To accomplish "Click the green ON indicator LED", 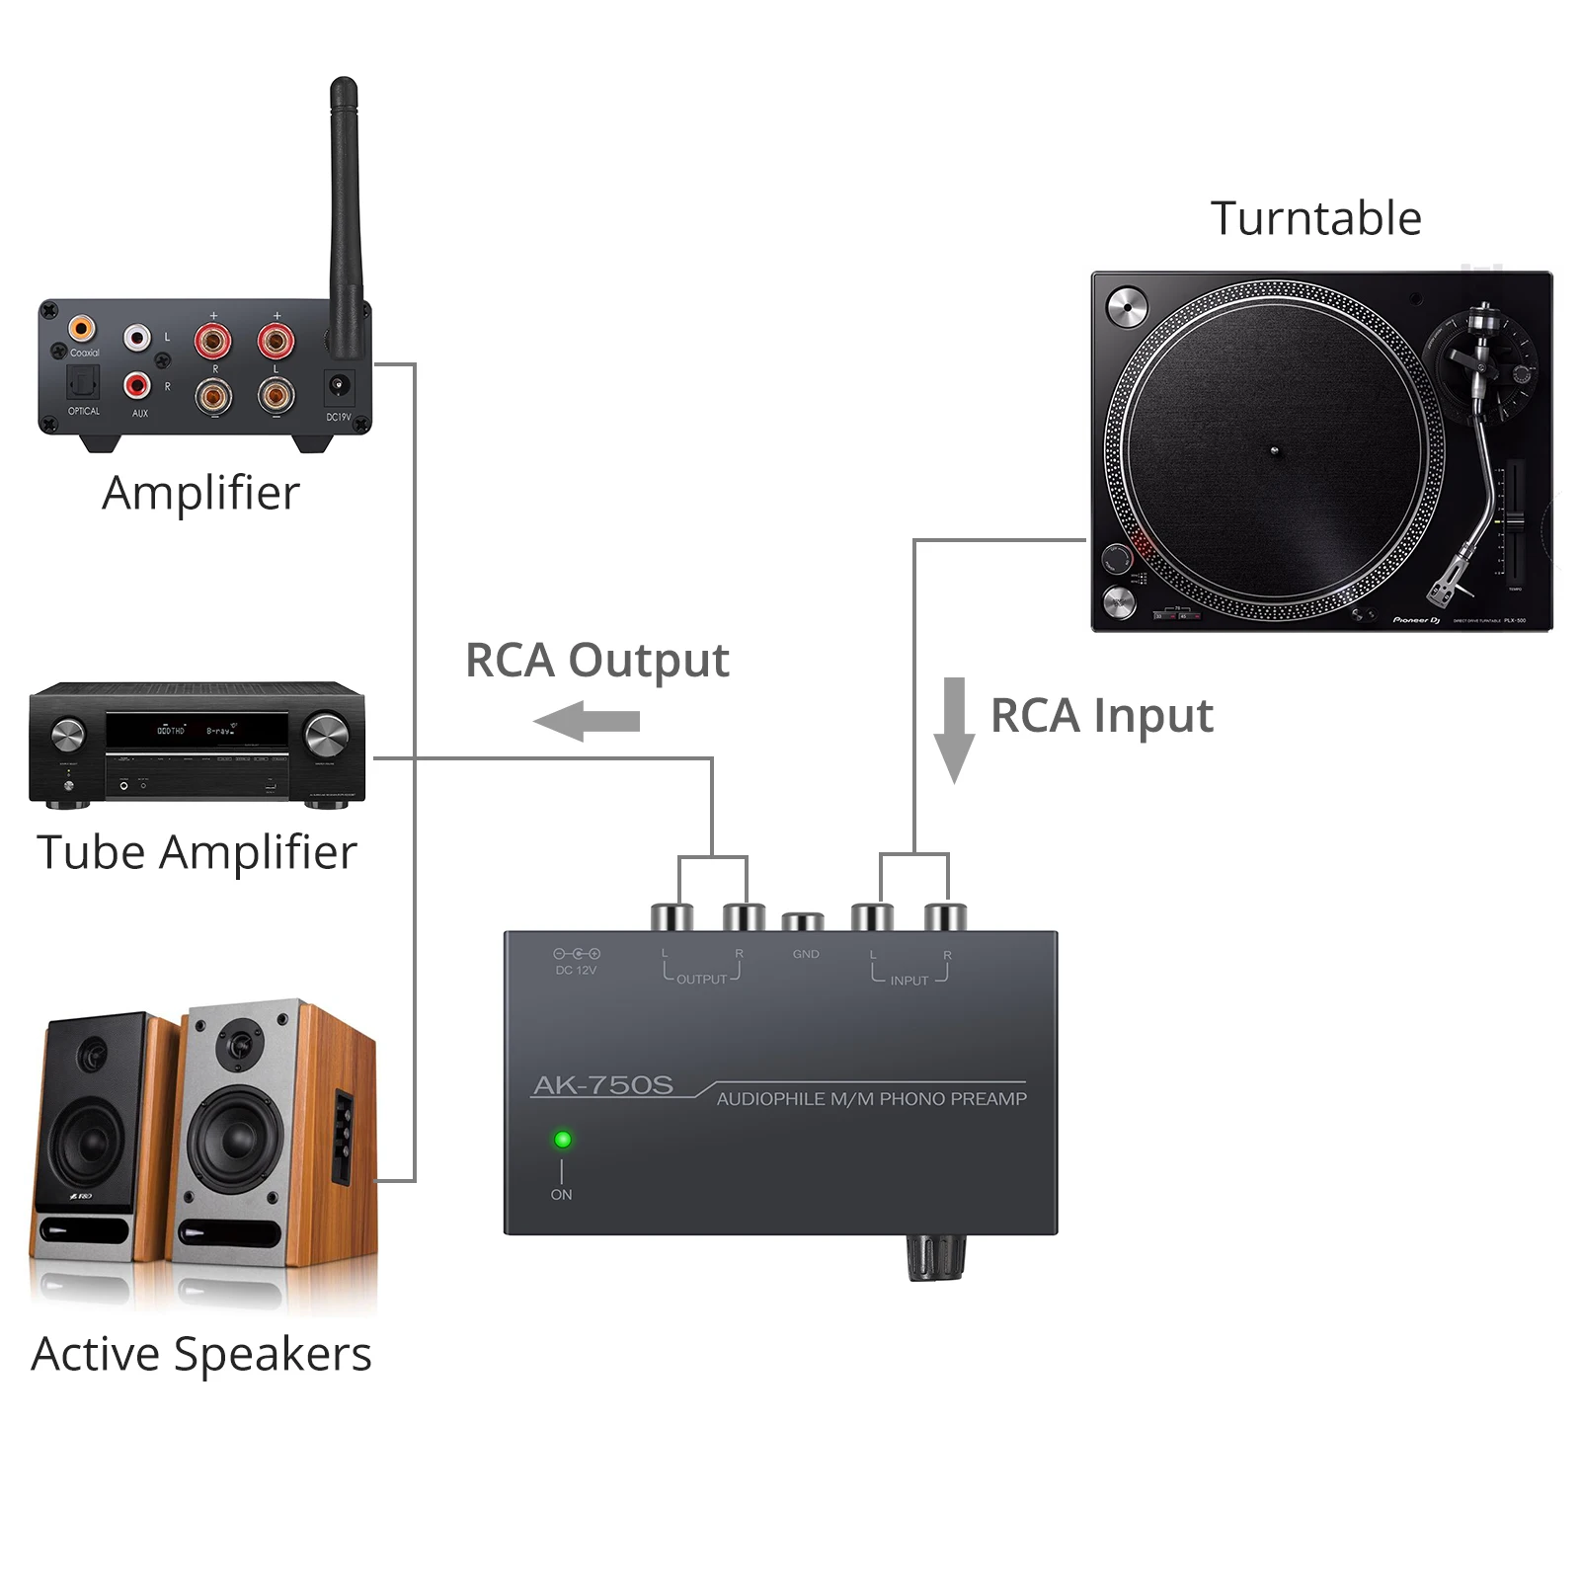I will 562,1140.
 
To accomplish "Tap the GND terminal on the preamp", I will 803,922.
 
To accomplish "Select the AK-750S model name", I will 603,1085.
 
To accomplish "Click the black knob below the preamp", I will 935,1256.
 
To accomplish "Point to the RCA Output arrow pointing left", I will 587,722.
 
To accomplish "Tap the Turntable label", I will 1315,218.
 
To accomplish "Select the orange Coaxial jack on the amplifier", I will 82,328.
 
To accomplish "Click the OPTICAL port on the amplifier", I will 83,382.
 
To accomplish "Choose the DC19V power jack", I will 339,385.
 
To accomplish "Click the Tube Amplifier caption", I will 197,852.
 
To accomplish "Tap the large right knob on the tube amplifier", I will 326,735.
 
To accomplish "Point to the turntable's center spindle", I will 1274,451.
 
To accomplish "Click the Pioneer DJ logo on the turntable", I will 1416,620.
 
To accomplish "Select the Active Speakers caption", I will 201,1354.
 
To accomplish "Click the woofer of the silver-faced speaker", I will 235,1139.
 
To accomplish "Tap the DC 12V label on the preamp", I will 576,970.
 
